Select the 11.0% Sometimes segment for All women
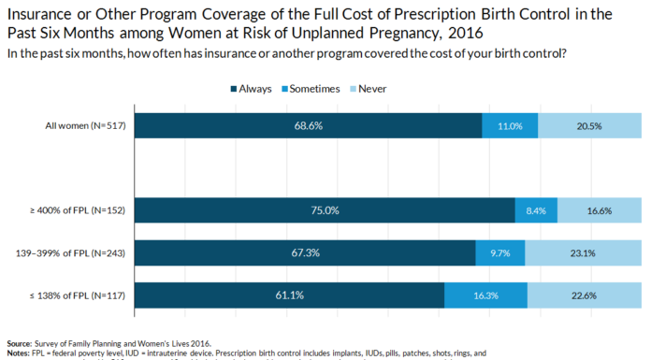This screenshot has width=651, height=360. (510, 125)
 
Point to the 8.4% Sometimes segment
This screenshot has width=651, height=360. (536, 210)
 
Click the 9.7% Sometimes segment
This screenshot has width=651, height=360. (500, 253)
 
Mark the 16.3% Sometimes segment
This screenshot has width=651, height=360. (485, 296)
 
